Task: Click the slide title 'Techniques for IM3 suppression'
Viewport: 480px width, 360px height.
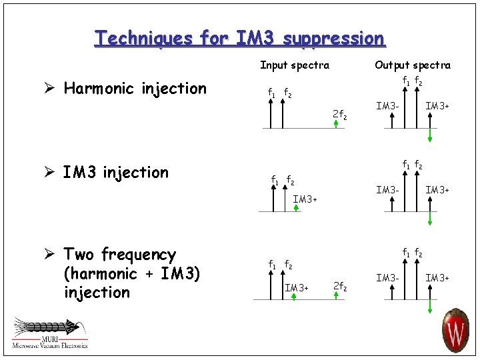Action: (239, 38)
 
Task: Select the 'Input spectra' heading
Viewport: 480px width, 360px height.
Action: (294, 65)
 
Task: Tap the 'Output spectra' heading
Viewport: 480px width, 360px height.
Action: (412, 65)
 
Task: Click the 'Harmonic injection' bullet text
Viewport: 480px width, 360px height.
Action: (135, 89)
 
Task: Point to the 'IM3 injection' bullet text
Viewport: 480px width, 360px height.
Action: (115, 173)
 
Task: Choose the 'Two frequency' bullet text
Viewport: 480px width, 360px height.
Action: (119, 254)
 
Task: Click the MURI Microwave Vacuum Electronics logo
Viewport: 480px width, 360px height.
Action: (49, 332)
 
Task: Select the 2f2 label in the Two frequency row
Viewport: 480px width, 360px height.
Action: (339, 287)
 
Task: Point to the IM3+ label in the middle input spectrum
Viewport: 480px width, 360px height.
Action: (305, 199)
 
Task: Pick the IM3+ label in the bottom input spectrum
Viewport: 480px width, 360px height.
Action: (297, 287)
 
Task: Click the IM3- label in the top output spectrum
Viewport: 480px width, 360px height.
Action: (387, 105)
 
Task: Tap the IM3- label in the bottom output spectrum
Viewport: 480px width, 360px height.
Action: (387, 277)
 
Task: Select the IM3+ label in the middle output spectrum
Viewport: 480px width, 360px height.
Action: (437, 191)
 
